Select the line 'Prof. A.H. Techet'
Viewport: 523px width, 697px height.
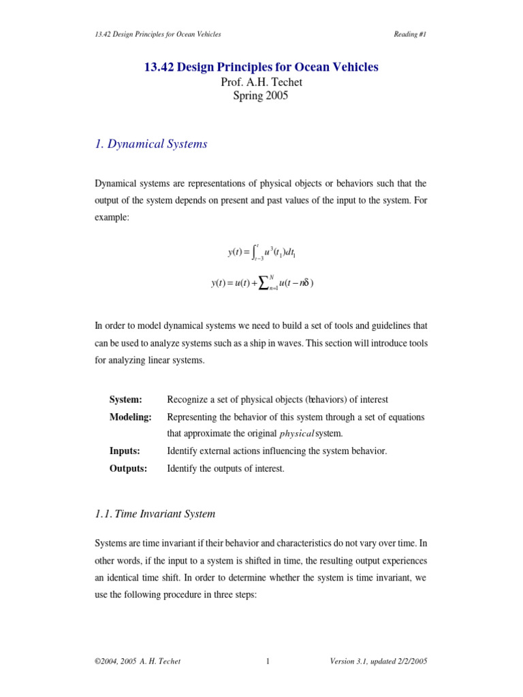261,82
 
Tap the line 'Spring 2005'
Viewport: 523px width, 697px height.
261,96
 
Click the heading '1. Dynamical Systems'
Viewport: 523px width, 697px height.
151,144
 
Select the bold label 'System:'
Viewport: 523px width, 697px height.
126,400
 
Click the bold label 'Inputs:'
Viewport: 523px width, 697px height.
125,451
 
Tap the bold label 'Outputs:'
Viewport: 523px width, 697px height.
129,468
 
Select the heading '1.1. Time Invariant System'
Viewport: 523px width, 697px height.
155,513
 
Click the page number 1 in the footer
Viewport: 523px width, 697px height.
268,661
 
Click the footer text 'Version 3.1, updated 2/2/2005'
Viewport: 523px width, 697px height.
379,661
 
